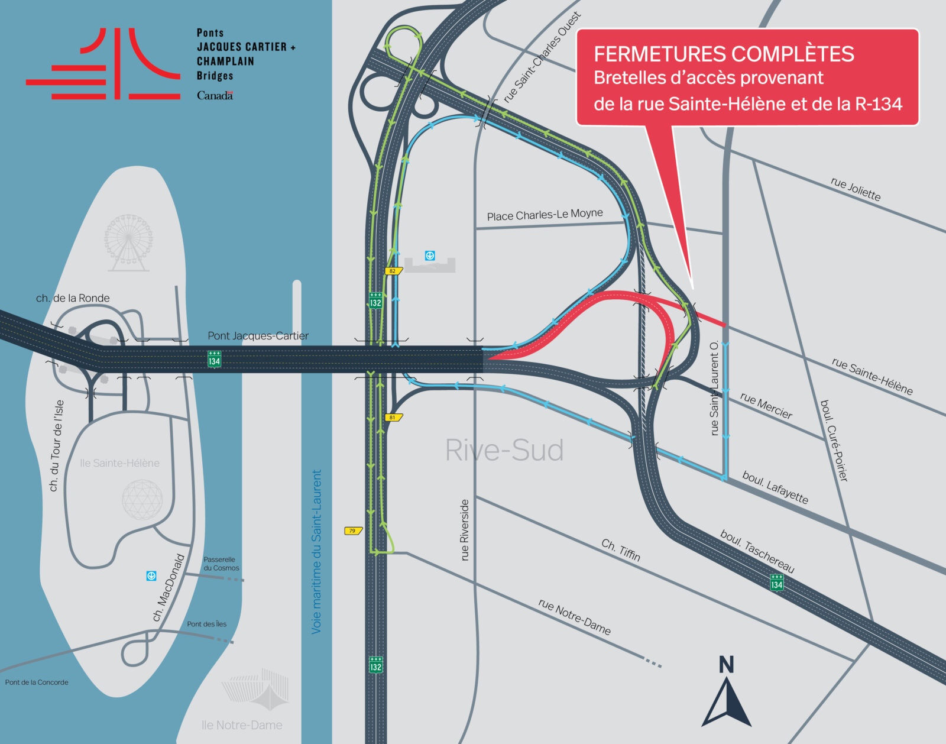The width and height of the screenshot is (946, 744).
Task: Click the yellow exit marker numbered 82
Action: pos(393,271)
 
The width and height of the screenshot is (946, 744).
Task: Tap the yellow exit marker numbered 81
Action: pos(393,418)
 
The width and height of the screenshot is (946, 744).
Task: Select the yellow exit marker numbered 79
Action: pos(353,531)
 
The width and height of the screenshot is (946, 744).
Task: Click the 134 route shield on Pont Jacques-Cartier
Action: pos(214,359)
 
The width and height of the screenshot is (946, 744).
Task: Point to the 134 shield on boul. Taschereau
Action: pos(777,583)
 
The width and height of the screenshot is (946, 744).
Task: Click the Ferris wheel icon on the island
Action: pos(128,242)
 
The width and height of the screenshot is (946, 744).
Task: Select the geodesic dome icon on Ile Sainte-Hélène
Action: pos(142,500)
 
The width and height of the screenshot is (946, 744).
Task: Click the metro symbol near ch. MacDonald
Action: pos(151,575)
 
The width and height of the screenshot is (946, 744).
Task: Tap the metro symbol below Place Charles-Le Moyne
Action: pos(430,255)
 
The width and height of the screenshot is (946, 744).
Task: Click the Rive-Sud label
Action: pos(504,450)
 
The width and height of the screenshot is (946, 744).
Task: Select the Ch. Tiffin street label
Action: pos(621,549)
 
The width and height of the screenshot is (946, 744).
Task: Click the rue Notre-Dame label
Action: pos(574,616)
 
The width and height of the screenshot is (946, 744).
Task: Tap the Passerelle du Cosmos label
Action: pos(221,564)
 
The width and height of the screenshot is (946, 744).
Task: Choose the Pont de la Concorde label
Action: pos(37,682)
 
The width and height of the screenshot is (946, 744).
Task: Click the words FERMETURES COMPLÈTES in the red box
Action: pos(724,54)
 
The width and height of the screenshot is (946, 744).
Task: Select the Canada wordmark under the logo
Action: pos(215,96)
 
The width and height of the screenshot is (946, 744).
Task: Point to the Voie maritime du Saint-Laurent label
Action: pos(317,552)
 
